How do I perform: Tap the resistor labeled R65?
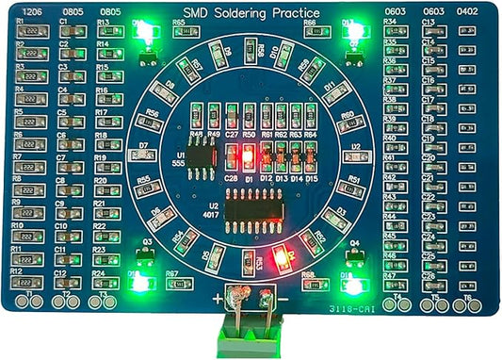[x=179, y=33]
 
